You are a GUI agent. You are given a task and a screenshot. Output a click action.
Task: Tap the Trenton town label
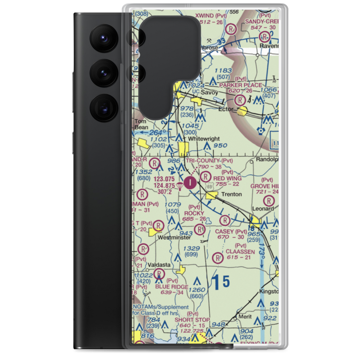(231, 194)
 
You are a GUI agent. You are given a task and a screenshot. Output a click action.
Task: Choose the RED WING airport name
(228, 178)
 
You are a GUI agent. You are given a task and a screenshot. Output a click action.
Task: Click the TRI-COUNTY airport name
(202, 160)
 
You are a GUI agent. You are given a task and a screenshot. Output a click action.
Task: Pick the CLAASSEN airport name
(240, 252)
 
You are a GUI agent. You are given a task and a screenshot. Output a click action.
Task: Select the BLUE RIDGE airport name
(172, 287)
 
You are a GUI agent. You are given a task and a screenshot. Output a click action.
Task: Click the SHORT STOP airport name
(192, 320)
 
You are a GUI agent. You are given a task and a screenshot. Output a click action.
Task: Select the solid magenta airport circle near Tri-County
(190, 183)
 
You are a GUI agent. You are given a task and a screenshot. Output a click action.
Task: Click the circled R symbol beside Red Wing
(206, 176)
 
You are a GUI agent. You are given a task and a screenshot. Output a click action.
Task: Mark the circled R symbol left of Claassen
(217, 257)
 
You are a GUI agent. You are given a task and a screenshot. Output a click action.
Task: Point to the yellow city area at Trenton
(212, 195)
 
